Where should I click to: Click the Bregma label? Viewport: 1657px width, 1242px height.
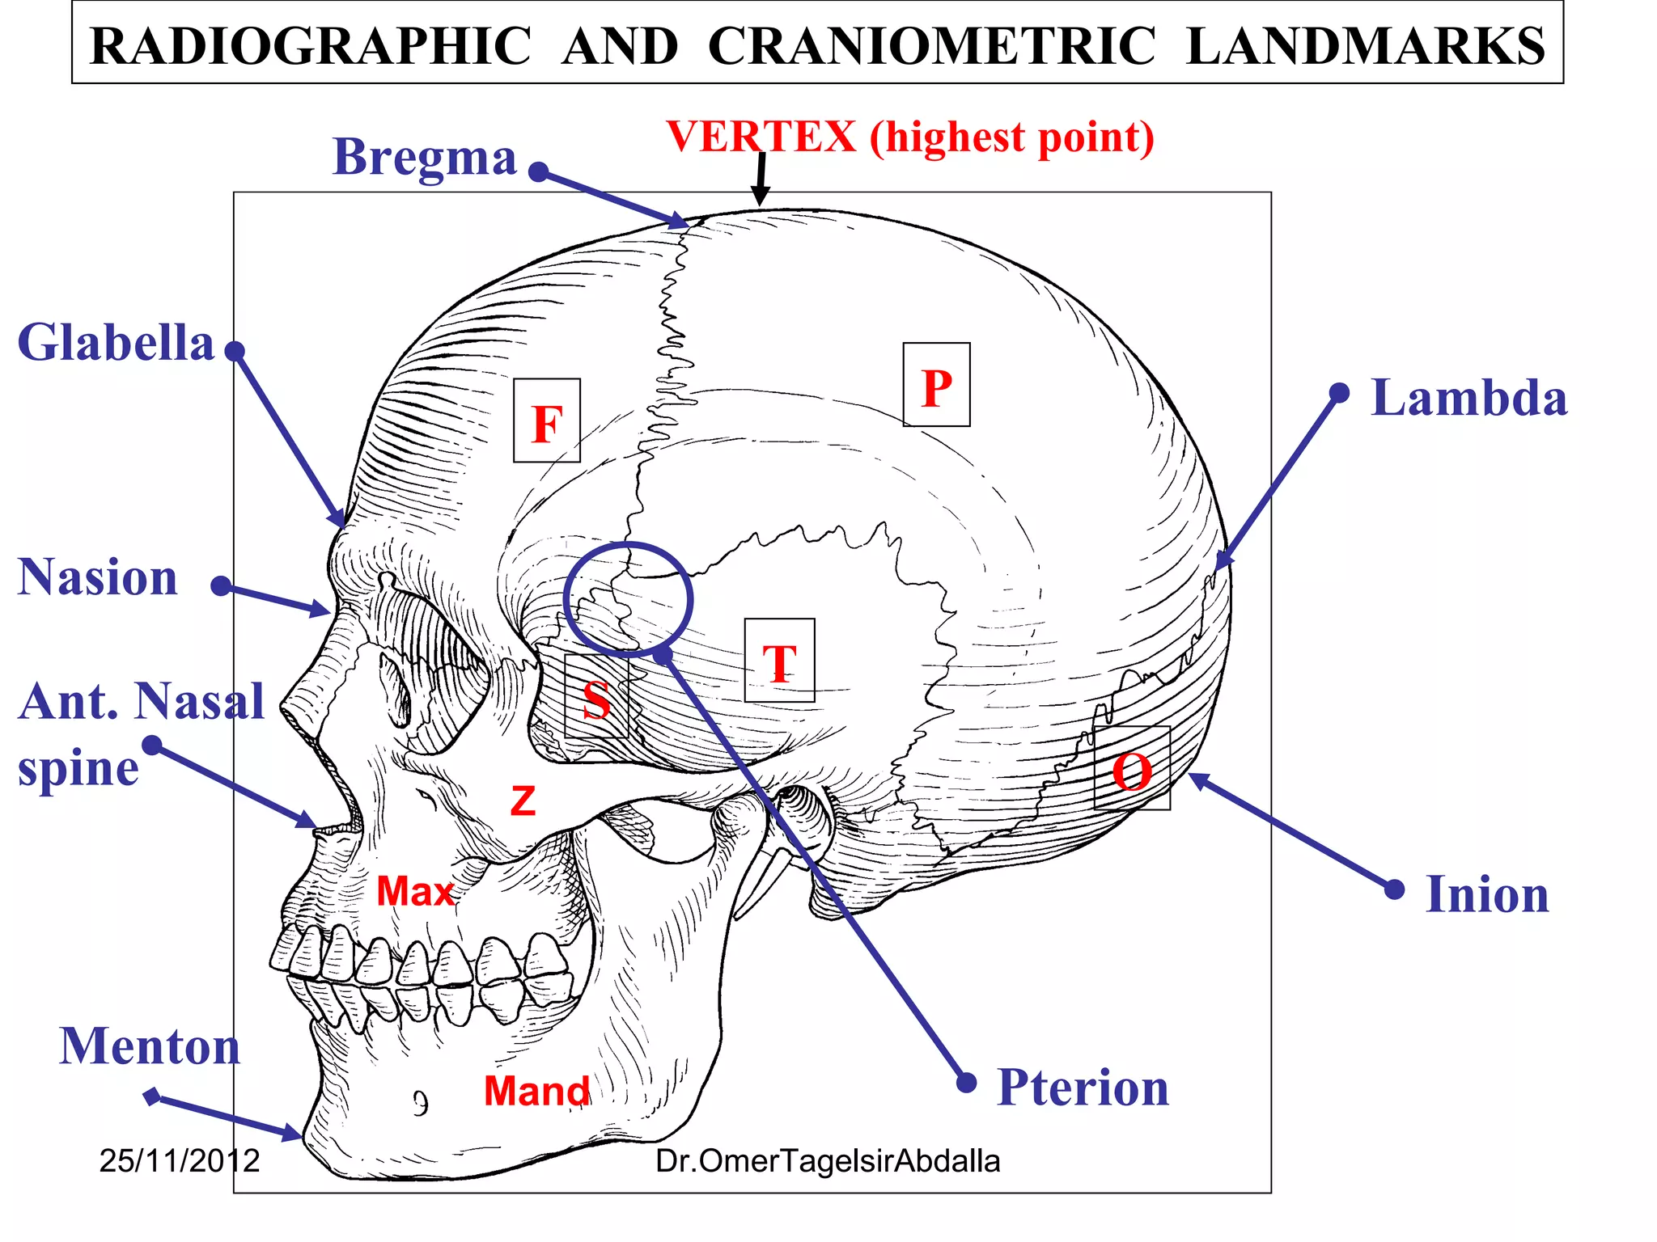(424, 158)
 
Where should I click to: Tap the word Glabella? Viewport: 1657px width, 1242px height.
(116, 343)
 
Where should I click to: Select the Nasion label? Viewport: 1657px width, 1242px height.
(98, 577)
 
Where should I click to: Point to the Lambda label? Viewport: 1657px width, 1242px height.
(1468, 398)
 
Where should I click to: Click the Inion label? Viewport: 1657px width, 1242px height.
(1487, 894)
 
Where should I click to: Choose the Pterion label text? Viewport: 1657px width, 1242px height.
(1083, 1088)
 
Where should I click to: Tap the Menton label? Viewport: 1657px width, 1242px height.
(150, 1046)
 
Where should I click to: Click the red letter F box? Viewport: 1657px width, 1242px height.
(547, 421)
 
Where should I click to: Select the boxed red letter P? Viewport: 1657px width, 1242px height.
(936, 386)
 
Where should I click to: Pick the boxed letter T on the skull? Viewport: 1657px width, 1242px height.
(779, 661)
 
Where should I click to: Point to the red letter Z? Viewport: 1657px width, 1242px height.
(523, 801)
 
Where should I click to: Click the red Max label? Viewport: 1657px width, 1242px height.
(415, 891)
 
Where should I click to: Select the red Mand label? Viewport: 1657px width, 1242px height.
(537, 1091)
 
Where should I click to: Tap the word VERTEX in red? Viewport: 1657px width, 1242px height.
(761, 136)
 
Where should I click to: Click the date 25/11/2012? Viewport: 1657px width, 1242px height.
(179, 1161)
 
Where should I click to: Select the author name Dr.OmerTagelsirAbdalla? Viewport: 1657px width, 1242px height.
(828, 1161)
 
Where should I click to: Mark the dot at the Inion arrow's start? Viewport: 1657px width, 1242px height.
(1394, 889)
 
